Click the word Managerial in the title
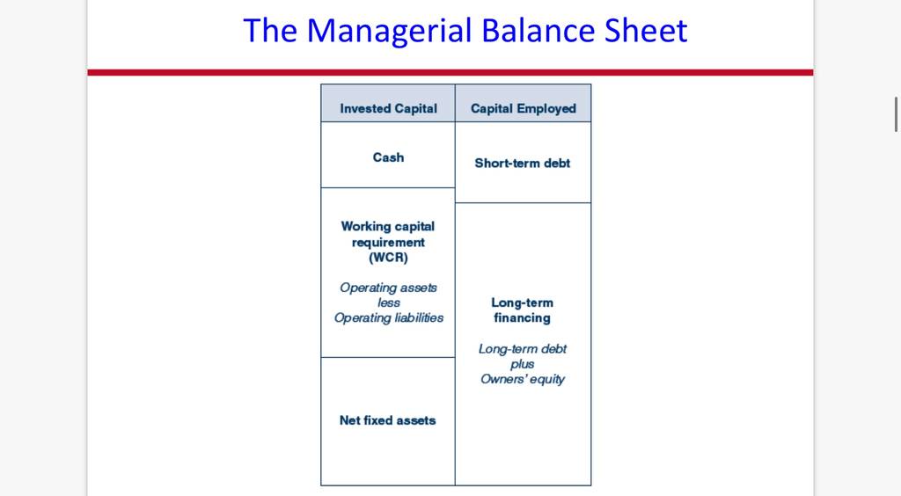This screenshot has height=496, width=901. pos(389,31)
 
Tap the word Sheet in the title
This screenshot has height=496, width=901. pos(645,30)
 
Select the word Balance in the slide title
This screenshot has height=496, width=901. pos(538,30)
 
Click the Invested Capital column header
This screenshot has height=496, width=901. pos(388,108)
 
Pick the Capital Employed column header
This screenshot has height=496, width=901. pos(523,108)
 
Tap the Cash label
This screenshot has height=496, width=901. pos(388,157)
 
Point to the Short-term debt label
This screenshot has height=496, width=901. pos(523,163)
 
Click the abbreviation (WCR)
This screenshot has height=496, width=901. pos(388,257)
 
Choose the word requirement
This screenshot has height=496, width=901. pos(388,242)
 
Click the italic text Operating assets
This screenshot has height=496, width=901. pos(388,288)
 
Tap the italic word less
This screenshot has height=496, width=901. pos(388,303)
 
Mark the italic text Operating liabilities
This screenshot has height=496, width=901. pos(388,318)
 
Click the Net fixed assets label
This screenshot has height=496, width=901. pos(388,420)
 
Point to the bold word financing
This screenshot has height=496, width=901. pos(523,318)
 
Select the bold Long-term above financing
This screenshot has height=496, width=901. pos(523,303)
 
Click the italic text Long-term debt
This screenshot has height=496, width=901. pos(523,349)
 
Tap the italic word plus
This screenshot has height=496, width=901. pos(523,364)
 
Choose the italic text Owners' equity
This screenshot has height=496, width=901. pos(523,379)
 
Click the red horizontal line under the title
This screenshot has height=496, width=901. pos(450,72)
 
